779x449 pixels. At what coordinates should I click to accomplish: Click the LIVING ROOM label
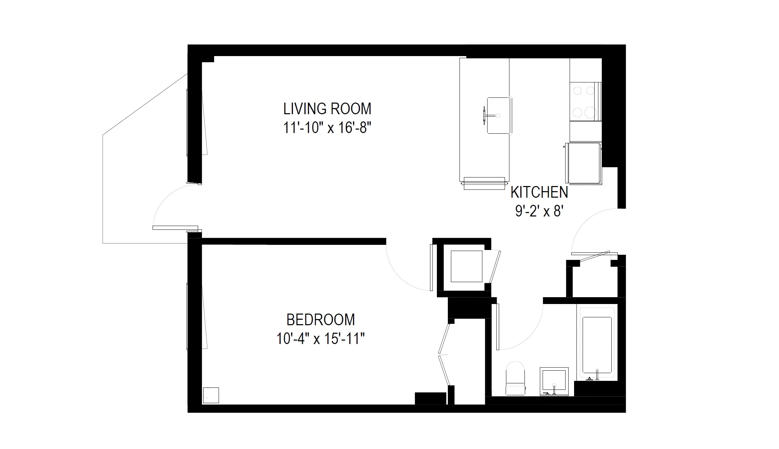[x=327, y=109]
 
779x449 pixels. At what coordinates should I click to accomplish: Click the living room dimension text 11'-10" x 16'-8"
[x=327, y=128]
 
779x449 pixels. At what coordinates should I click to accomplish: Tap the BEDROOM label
[x=321, y=320]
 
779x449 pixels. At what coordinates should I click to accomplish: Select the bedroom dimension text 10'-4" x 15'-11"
[x=321, y=339]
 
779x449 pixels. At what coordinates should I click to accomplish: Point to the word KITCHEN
[x=539, y=192]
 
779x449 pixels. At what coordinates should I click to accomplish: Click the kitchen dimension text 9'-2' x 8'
[x=539, y=212]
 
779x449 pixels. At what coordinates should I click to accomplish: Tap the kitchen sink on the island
[x=499, y=116]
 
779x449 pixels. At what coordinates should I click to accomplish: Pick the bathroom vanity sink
[x=554, y=381]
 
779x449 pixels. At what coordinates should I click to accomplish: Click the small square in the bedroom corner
[x=211, y=395]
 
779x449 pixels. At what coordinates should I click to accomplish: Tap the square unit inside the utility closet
[x=466, y=266]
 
